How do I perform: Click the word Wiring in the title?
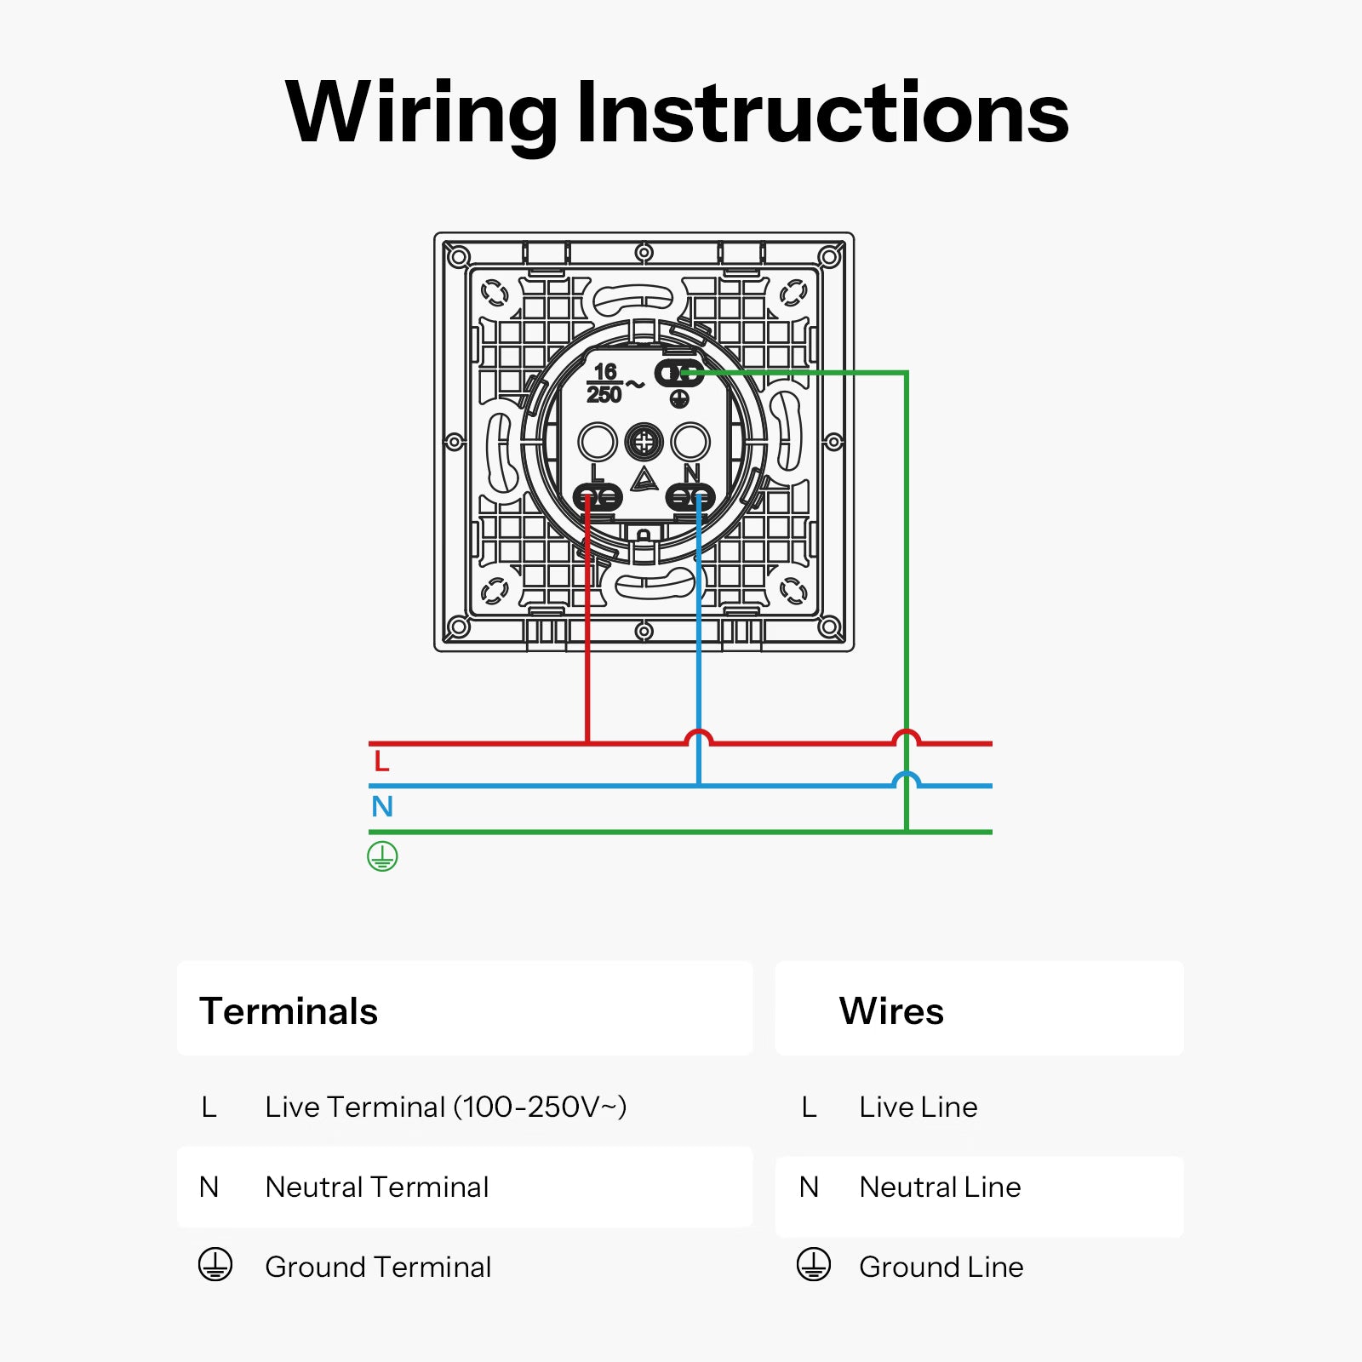421,113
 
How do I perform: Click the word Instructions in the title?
822,113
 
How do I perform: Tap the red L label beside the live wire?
381,761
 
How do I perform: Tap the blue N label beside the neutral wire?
382,806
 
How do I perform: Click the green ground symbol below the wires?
382,856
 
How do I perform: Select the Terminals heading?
289,1011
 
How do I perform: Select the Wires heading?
891,1011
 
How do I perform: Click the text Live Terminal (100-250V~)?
446,1107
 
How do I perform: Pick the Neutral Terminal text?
377,1187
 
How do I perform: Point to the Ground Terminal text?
378,1267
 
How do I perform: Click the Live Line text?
918,1107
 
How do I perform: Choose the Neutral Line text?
940,1187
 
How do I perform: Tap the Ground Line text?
941,1267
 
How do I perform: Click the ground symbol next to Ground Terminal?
215,1265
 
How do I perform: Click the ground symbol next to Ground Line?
814,1265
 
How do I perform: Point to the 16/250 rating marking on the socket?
605,383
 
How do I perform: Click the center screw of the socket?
644,442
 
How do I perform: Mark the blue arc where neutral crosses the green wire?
907,778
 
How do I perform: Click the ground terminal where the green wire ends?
678,373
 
